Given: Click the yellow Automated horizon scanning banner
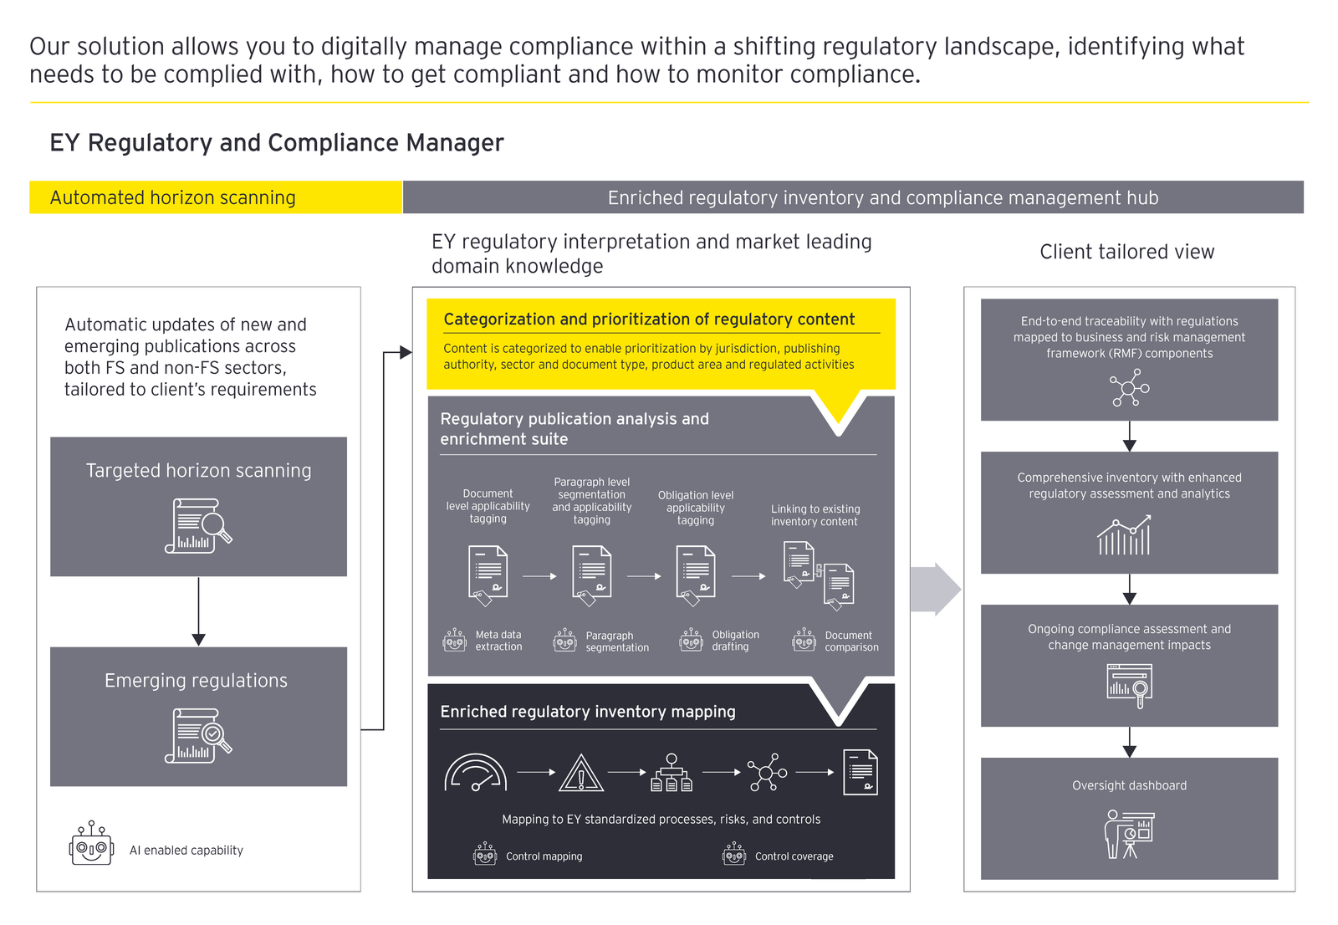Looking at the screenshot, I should (216, 197).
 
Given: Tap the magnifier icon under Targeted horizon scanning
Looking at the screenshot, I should (198, 526).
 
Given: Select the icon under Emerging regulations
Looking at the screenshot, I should (198, 735).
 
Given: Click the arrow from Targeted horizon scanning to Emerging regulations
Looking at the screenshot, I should (198, 611).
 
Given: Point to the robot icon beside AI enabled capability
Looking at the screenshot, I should (91, 844).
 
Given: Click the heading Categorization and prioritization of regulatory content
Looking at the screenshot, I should (649, 319).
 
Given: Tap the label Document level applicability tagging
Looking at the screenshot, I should (488, 506).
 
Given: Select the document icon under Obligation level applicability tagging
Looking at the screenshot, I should (696, 575).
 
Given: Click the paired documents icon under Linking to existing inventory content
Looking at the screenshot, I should (818, 574).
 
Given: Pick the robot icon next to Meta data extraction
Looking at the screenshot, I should (455, 641).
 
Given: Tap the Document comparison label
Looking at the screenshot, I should (851, 641).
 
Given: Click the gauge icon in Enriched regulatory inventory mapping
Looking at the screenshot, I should (475, 774).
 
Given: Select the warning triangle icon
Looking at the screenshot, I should (581, 774).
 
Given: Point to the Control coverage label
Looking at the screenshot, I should (794, 856).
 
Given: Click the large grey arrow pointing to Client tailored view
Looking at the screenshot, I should (936, 590).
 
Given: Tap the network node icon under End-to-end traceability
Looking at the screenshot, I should (1129, 389).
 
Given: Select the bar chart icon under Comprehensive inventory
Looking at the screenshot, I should (1125, 536).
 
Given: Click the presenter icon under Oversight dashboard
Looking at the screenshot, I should (1129, 834).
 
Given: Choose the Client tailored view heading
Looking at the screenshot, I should (1126, 252).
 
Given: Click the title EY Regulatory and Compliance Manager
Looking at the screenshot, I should (277, 143).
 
